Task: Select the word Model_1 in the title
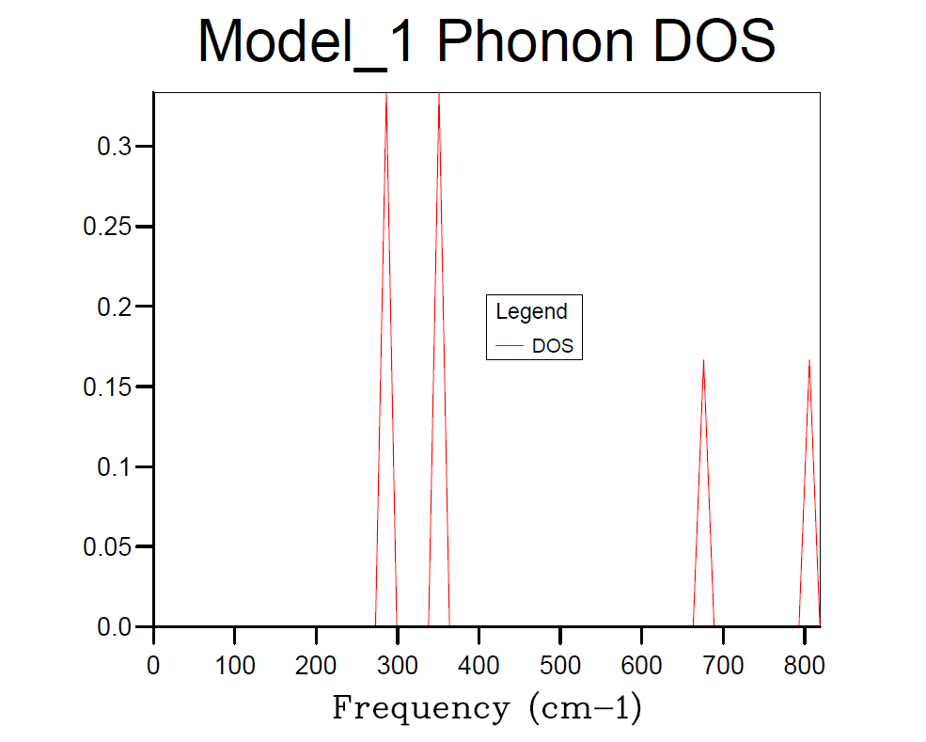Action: pos(306,42)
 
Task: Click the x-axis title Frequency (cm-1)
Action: pos(486,707)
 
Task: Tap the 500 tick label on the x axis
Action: pos(560,666)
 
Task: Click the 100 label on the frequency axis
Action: pos(235,666)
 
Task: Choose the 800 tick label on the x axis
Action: pos(804,666)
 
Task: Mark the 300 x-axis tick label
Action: pos(398,666)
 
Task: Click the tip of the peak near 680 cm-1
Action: pos(703,360)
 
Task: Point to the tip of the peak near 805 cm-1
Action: pos(809,360)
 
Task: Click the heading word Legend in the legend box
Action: pos(532,311)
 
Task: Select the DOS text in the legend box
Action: pos(553,346)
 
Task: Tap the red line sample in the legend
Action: pos(510,346)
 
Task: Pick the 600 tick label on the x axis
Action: pos(642,666)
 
